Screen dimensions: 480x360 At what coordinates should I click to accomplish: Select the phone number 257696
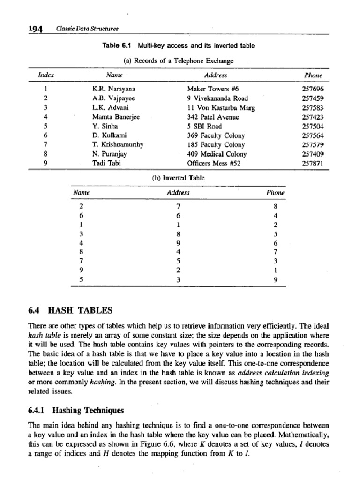(x=314, y=88)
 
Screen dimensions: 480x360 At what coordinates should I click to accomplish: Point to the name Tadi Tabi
(x=106, y=163)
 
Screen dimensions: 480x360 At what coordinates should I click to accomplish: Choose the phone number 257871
(x=314, y=163)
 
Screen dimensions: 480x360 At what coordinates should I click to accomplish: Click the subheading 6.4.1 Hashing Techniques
(x=76, y=410)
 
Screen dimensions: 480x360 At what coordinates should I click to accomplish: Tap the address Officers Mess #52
(x=213, y=163)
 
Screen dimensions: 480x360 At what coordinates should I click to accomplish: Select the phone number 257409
(x=314, y=154)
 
